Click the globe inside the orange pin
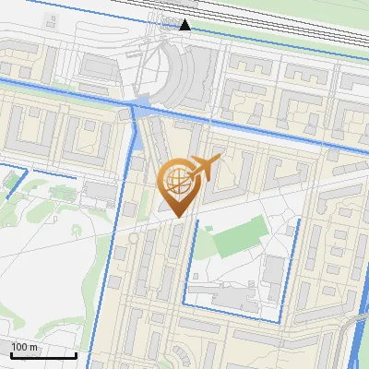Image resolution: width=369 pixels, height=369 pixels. click(x=175, y=181)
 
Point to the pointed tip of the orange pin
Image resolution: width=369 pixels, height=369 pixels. click(x=175, y=217)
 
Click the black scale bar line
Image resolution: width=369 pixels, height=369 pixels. click(x=42, y=355)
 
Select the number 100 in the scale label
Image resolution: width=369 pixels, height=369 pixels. click(x=19, y=347)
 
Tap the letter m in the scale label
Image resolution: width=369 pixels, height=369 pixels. click(x=33, y=347)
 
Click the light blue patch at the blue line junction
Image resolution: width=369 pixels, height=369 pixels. click(x=142, y=102)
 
